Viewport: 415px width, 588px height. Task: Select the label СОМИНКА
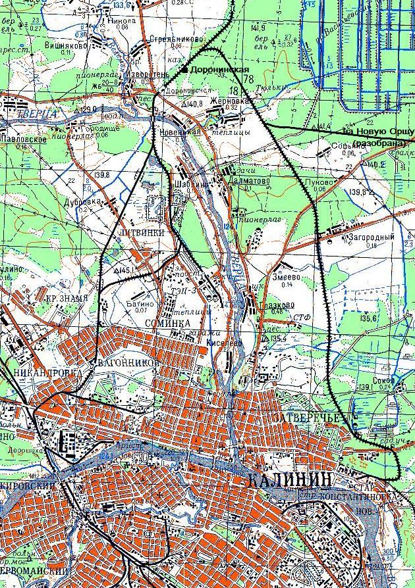[170, 324]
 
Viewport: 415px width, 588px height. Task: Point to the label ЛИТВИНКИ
[138, 233]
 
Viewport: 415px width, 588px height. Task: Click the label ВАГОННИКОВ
[128, 362]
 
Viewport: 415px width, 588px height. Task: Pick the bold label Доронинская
[220, 69]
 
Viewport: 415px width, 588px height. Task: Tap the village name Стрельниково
[175, 39]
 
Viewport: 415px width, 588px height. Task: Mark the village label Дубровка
[82, 202]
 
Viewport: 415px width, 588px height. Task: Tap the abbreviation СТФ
[303, 317]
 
